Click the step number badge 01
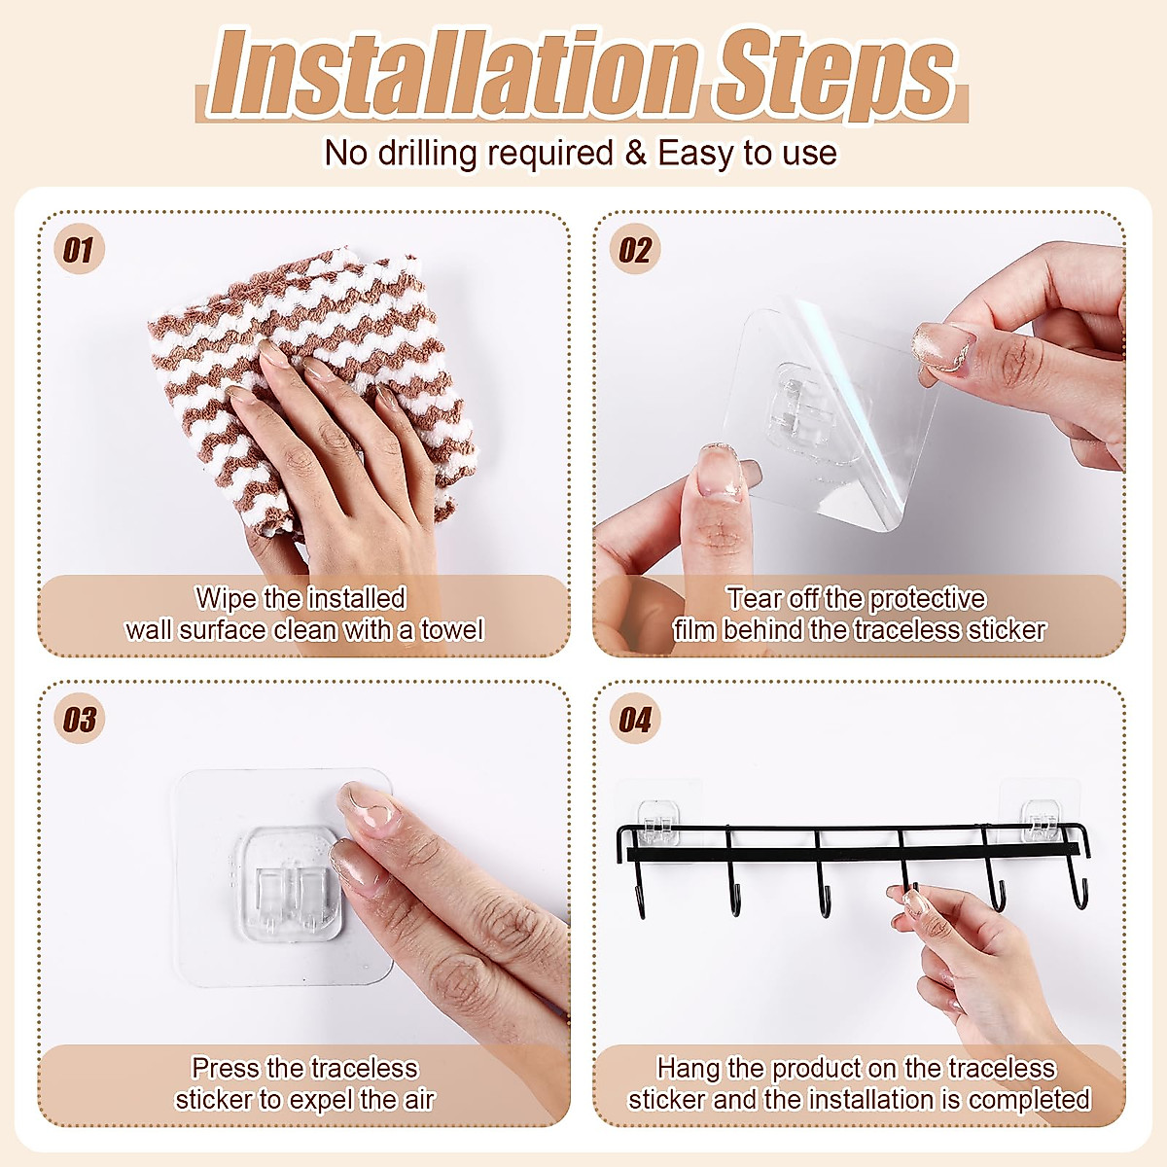(78, 250)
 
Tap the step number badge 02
(634, 250)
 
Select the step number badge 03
(78, 720)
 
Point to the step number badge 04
(634, 720)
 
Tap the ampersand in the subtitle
(635, 153)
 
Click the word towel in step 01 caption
(451, 630)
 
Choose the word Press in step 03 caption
(226, 1068)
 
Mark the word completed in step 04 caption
(1029, 1100)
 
